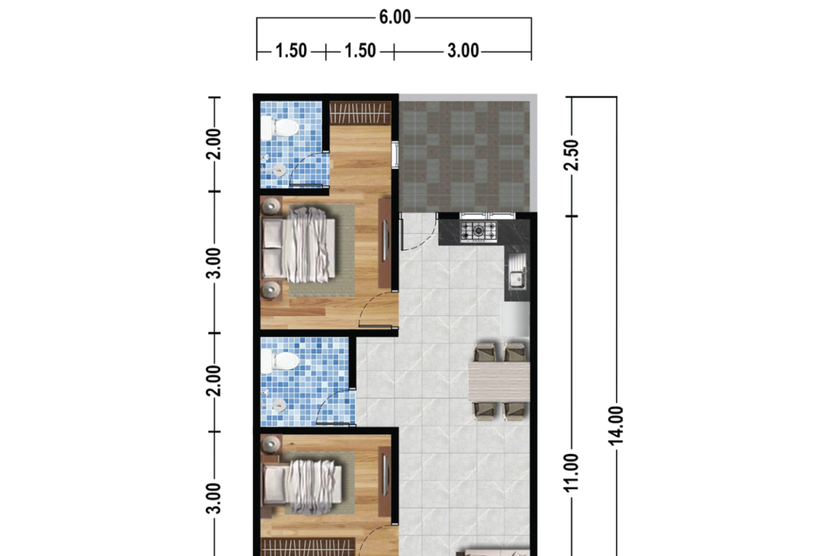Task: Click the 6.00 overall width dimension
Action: point(395,17)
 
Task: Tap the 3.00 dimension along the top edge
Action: point(463,51)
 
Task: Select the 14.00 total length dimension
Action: point(616,426)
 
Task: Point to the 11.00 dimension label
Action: point(572,472)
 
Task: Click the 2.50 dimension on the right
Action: point(572,155)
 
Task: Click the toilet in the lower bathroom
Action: point(280,362)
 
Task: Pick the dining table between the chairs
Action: point(499,382)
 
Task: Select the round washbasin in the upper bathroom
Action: point(278,170)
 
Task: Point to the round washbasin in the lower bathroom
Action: point(278,405)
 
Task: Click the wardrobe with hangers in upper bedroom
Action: point(360,113)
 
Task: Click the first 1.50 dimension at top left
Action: point(291,51)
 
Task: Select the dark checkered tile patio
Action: point(464,157)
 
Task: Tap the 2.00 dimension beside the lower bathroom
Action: point(213,381)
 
